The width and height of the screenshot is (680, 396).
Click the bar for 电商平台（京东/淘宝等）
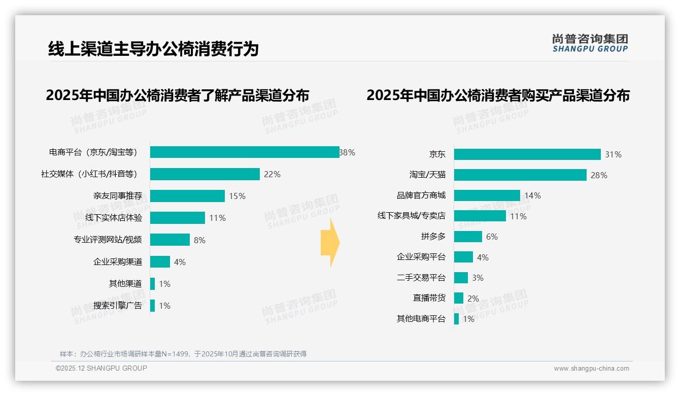[x=245, y=152]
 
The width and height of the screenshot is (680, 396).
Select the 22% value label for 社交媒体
[x=272, y=174]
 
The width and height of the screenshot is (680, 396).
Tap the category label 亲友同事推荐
[x=118, y=196]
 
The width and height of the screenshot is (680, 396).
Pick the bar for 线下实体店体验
[x=178, y=218]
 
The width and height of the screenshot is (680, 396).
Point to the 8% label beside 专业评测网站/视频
[x=199, y=240]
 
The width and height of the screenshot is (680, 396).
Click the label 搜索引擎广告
[x=118, y=306]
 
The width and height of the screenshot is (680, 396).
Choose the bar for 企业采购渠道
[x=160, y=262]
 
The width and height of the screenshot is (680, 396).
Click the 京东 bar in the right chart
[x=527, y=154]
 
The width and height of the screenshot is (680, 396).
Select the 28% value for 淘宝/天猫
[x=599, y=175]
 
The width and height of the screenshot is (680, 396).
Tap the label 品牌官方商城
[x=421, y=195]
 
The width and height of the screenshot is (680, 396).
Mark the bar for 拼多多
[x=468, y=237]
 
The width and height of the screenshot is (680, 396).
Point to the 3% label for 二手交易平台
[x=478, y=278]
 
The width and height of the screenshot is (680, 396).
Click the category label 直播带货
[x=429, y=298]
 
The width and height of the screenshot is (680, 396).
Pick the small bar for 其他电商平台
[x=456, y=319]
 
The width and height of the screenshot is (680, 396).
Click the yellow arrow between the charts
[x=330, y=243]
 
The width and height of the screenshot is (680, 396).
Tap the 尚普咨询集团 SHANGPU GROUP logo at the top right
[x=590, y=43]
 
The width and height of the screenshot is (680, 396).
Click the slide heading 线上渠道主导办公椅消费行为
[x=153, y=49]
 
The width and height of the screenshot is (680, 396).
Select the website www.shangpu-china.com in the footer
[x=591, y=369]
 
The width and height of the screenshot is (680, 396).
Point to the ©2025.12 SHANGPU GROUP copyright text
[x=101, y=368]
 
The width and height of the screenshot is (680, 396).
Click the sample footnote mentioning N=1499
[x=183, y=354]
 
